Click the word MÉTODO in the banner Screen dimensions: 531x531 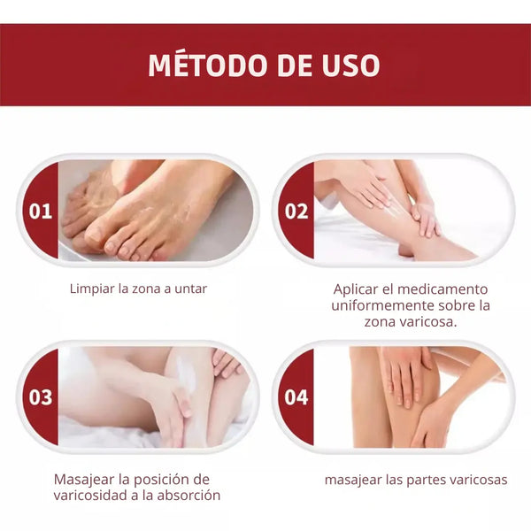click(206, 65)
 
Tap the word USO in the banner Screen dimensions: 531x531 click(350, 65)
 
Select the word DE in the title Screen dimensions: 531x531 click(293, 65)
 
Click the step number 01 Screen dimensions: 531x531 click(41, 212)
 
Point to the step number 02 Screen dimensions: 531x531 click(296, 212)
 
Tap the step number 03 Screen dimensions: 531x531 click(41, 397)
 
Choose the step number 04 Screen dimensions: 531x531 click(296, 397)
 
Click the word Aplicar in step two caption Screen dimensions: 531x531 click(356, 289)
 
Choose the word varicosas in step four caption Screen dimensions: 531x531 click(477, 480)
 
